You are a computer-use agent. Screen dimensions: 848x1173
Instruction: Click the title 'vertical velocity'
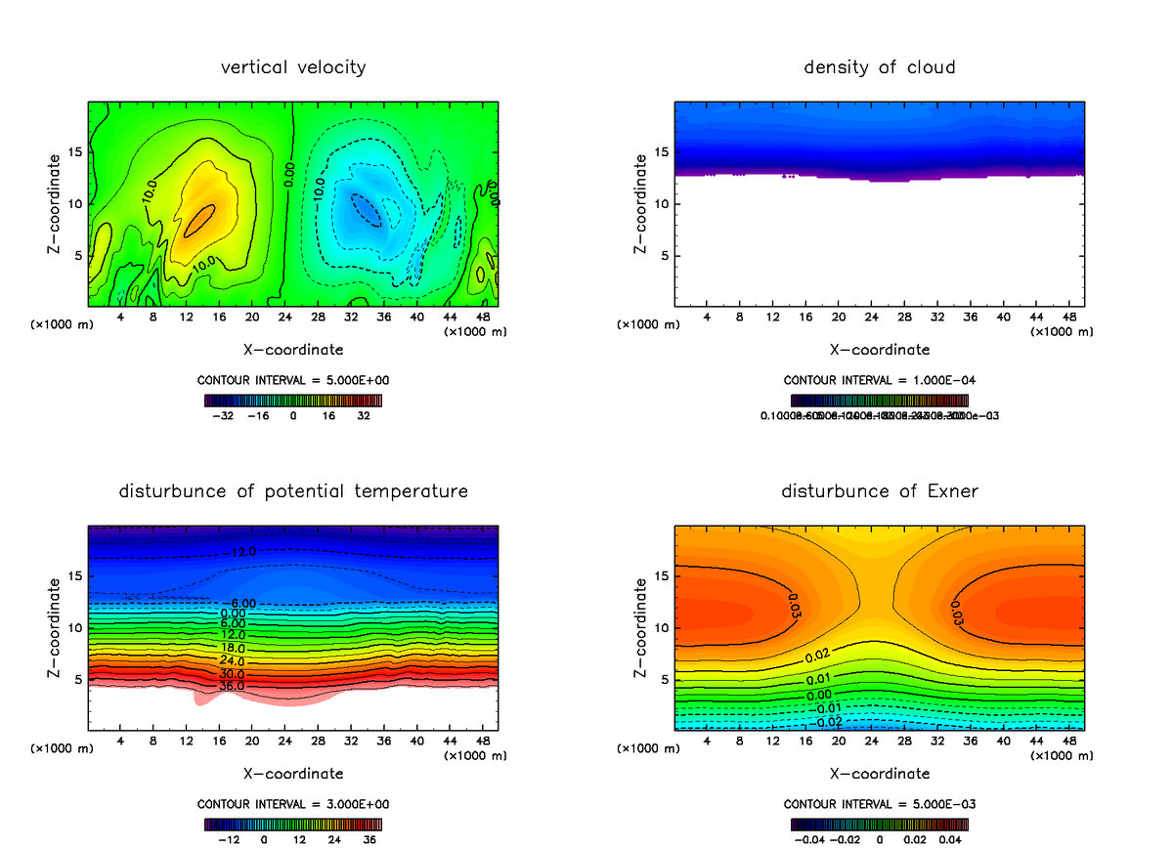(x=293, y=67)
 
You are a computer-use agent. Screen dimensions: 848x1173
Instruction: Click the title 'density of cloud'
(x=880, y=67)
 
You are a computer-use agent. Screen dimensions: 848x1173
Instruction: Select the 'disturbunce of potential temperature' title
(x=293, y=491)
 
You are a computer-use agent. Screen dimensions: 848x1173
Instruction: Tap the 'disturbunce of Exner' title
(x=880, y=491)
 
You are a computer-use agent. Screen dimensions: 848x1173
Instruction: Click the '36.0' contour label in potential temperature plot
(x=232, y=687)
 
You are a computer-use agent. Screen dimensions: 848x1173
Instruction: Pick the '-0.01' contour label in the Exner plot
(x=827, y=707)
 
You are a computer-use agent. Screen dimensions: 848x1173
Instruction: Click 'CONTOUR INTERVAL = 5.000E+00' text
(x=293, y=380)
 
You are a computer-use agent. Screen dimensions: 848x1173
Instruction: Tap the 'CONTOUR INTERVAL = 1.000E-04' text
(x=880, y=380)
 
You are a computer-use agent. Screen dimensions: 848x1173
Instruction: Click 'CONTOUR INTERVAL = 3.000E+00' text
(x=293, y=804)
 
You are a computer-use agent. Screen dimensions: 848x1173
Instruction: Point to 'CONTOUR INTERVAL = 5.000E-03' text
(x=880, y=804)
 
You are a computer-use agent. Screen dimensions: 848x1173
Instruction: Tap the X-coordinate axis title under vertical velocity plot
(x=293, y=349)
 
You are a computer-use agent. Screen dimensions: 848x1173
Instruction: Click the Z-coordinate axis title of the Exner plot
(x=641, y=628)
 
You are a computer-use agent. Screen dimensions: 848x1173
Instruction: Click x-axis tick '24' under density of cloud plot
(x=872, y=318)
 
